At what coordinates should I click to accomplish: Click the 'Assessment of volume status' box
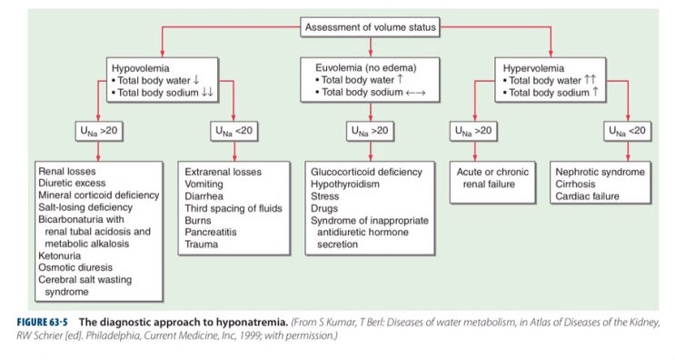point(371,27)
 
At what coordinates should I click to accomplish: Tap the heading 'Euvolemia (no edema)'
point(362,65)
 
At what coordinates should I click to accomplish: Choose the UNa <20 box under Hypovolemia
point(233,131)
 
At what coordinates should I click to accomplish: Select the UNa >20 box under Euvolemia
point(370,131)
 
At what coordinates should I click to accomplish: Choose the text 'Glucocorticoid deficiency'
point(367,170)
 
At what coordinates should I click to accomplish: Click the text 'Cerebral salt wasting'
point(86,281)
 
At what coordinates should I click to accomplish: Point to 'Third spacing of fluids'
point(235,208)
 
